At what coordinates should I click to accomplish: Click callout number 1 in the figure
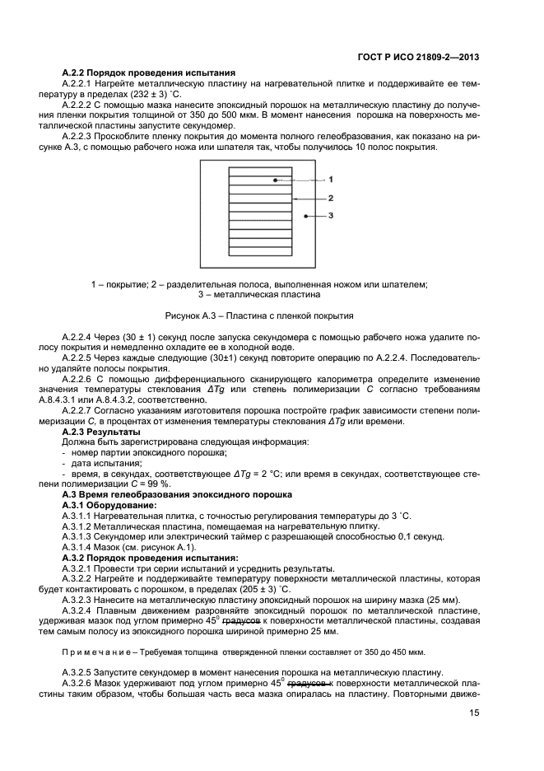tap(330, 178)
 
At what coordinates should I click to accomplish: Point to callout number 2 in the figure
tap(330, 198)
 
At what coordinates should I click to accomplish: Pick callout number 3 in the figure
tap(330, 216)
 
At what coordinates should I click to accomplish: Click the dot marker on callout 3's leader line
tap(305, 216)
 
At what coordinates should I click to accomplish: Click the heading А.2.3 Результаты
tap(101, 432)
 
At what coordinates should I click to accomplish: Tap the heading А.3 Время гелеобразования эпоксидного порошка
tap(177, 494)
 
